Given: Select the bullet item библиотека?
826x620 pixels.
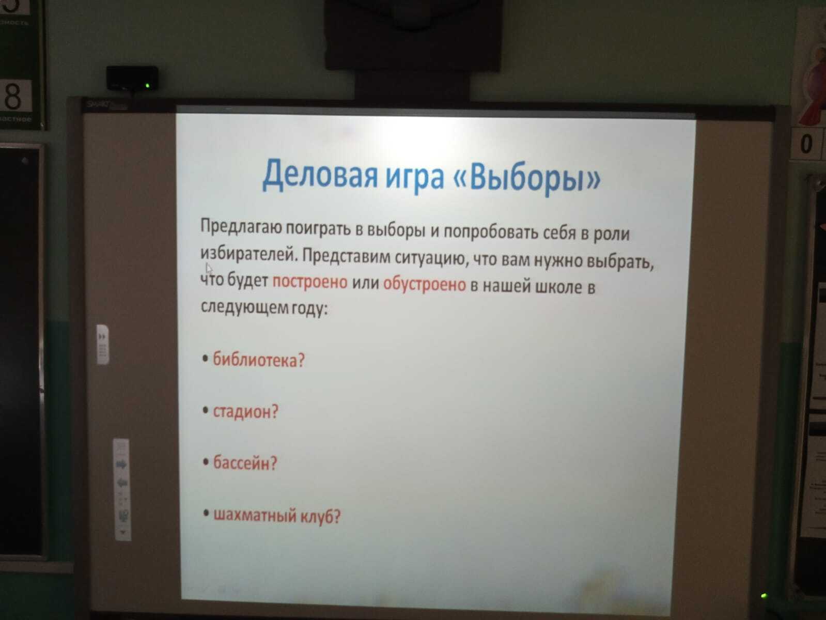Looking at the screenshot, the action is [x=258, y=360].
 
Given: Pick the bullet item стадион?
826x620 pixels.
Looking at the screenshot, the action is [x=246, y=411].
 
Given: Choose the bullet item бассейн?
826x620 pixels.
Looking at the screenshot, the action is [x=245, y=462].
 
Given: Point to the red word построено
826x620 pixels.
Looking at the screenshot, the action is [x=310, y=282].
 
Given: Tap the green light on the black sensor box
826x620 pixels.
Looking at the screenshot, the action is [x=148, y=86].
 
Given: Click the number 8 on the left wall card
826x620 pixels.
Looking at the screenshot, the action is [x=13, y=96].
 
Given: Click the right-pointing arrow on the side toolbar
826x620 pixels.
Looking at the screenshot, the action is [x=121, y=464].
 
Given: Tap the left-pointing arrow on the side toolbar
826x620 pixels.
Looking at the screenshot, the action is [x=121, y=482].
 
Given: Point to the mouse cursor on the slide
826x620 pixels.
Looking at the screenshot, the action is [x=209, y=268].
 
